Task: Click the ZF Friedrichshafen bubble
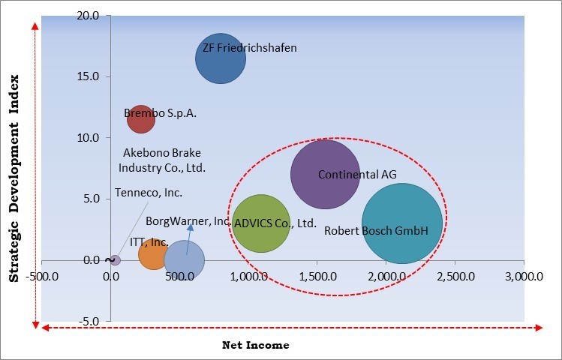tap(221, 58)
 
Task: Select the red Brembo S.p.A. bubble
tap(140, 118)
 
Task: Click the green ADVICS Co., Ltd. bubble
tap(260, 223)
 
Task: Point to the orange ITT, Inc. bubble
tap(153, 254)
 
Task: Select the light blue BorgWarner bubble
tap(184, 261)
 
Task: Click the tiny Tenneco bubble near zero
tap(115, 260)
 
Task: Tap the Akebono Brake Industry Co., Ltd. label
tap(163, 160)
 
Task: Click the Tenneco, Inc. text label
tap(149, 193)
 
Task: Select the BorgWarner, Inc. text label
tap(188, 221)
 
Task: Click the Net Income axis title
tap(255, 345)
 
